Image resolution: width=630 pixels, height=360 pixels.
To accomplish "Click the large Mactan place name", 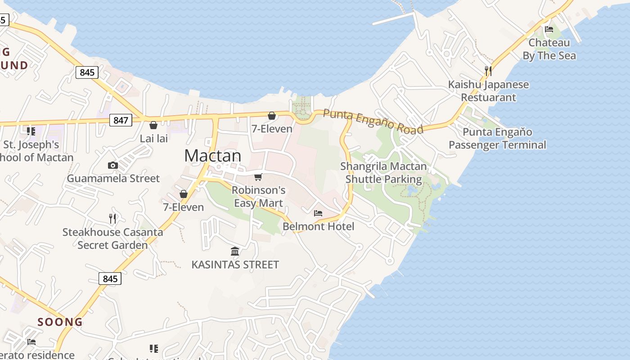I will click(213, 156).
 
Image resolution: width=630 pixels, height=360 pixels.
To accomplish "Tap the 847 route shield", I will click(121, 120).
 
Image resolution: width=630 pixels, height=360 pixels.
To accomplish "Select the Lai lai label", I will click(154, 138).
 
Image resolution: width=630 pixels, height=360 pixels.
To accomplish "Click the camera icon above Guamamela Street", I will click(113, 166).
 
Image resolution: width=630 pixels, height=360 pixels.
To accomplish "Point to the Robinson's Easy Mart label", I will click(258, 197).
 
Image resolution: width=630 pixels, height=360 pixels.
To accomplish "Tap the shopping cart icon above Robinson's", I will click(258, 177).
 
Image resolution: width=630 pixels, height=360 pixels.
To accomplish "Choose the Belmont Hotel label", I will click(319, 226).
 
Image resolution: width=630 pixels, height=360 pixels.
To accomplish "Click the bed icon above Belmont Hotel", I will click(318, 213).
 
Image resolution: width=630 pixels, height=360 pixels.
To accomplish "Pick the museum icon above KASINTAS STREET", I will click(235, 251).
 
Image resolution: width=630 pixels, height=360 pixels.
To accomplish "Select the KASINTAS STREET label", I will click(235, 265).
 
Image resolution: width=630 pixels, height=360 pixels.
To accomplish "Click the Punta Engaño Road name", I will click(373, 121).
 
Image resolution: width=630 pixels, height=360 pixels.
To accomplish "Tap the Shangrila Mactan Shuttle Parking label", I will click(383, 173).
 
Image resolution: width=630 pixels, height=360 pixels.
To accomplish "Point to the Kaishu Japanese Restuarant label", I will click(488, 91).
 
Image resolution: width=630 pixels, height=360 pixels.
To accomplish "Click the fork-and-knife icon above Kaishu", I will click(488, 71).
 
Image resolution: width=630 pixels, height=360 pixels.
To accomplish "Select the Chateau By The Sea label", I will click(549, 49).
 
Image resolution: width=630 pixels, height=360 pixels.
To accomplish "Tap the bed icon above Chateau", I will click(549, 30).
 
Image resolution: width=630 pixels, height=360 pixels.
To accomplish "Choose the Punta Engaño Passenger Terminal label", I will click(497, 139).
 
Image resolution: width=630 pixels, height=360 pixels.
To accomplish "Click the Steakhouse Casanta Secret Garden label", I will click(112, 238).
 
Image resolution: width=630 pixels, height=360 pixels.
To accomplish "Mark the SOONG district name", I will click(60, 322).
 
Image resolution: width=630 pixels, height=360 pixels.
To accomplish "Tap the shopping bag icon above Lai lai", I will click(153, 125).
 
